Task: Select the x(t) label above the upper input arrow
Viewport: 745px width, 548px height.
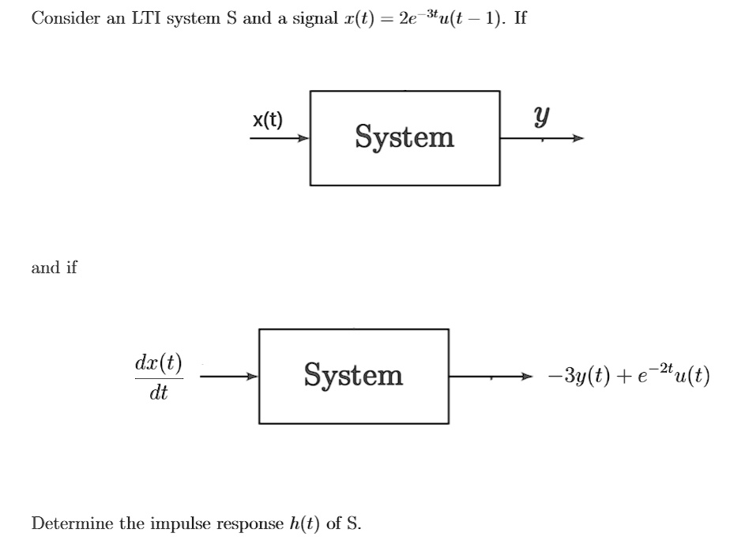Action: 268,120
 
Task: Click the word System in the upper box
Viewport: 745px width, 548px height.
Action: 404,137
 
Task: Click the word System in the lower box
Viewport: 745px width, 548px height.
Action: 353,375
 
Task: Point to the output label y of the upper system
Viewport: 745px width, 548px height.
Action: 541,118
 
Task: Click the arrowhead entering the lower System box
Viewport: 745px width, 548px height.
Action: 252,377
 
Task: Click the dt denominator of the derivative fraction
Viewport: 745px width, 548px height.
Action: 158,392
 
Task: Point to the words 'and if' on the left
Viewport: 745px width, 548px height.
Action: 54,268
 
